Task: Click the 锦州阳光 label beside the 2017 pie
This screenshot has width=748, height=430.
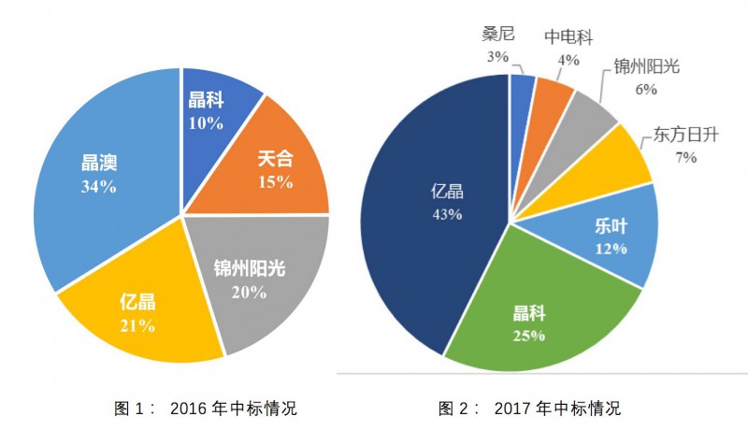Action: click(645, 67)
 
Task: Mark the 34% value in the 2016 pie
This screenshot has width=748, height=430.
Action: click(98, 187)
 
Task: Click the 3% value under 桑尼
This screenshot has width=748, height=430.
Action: click(496, 57)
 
